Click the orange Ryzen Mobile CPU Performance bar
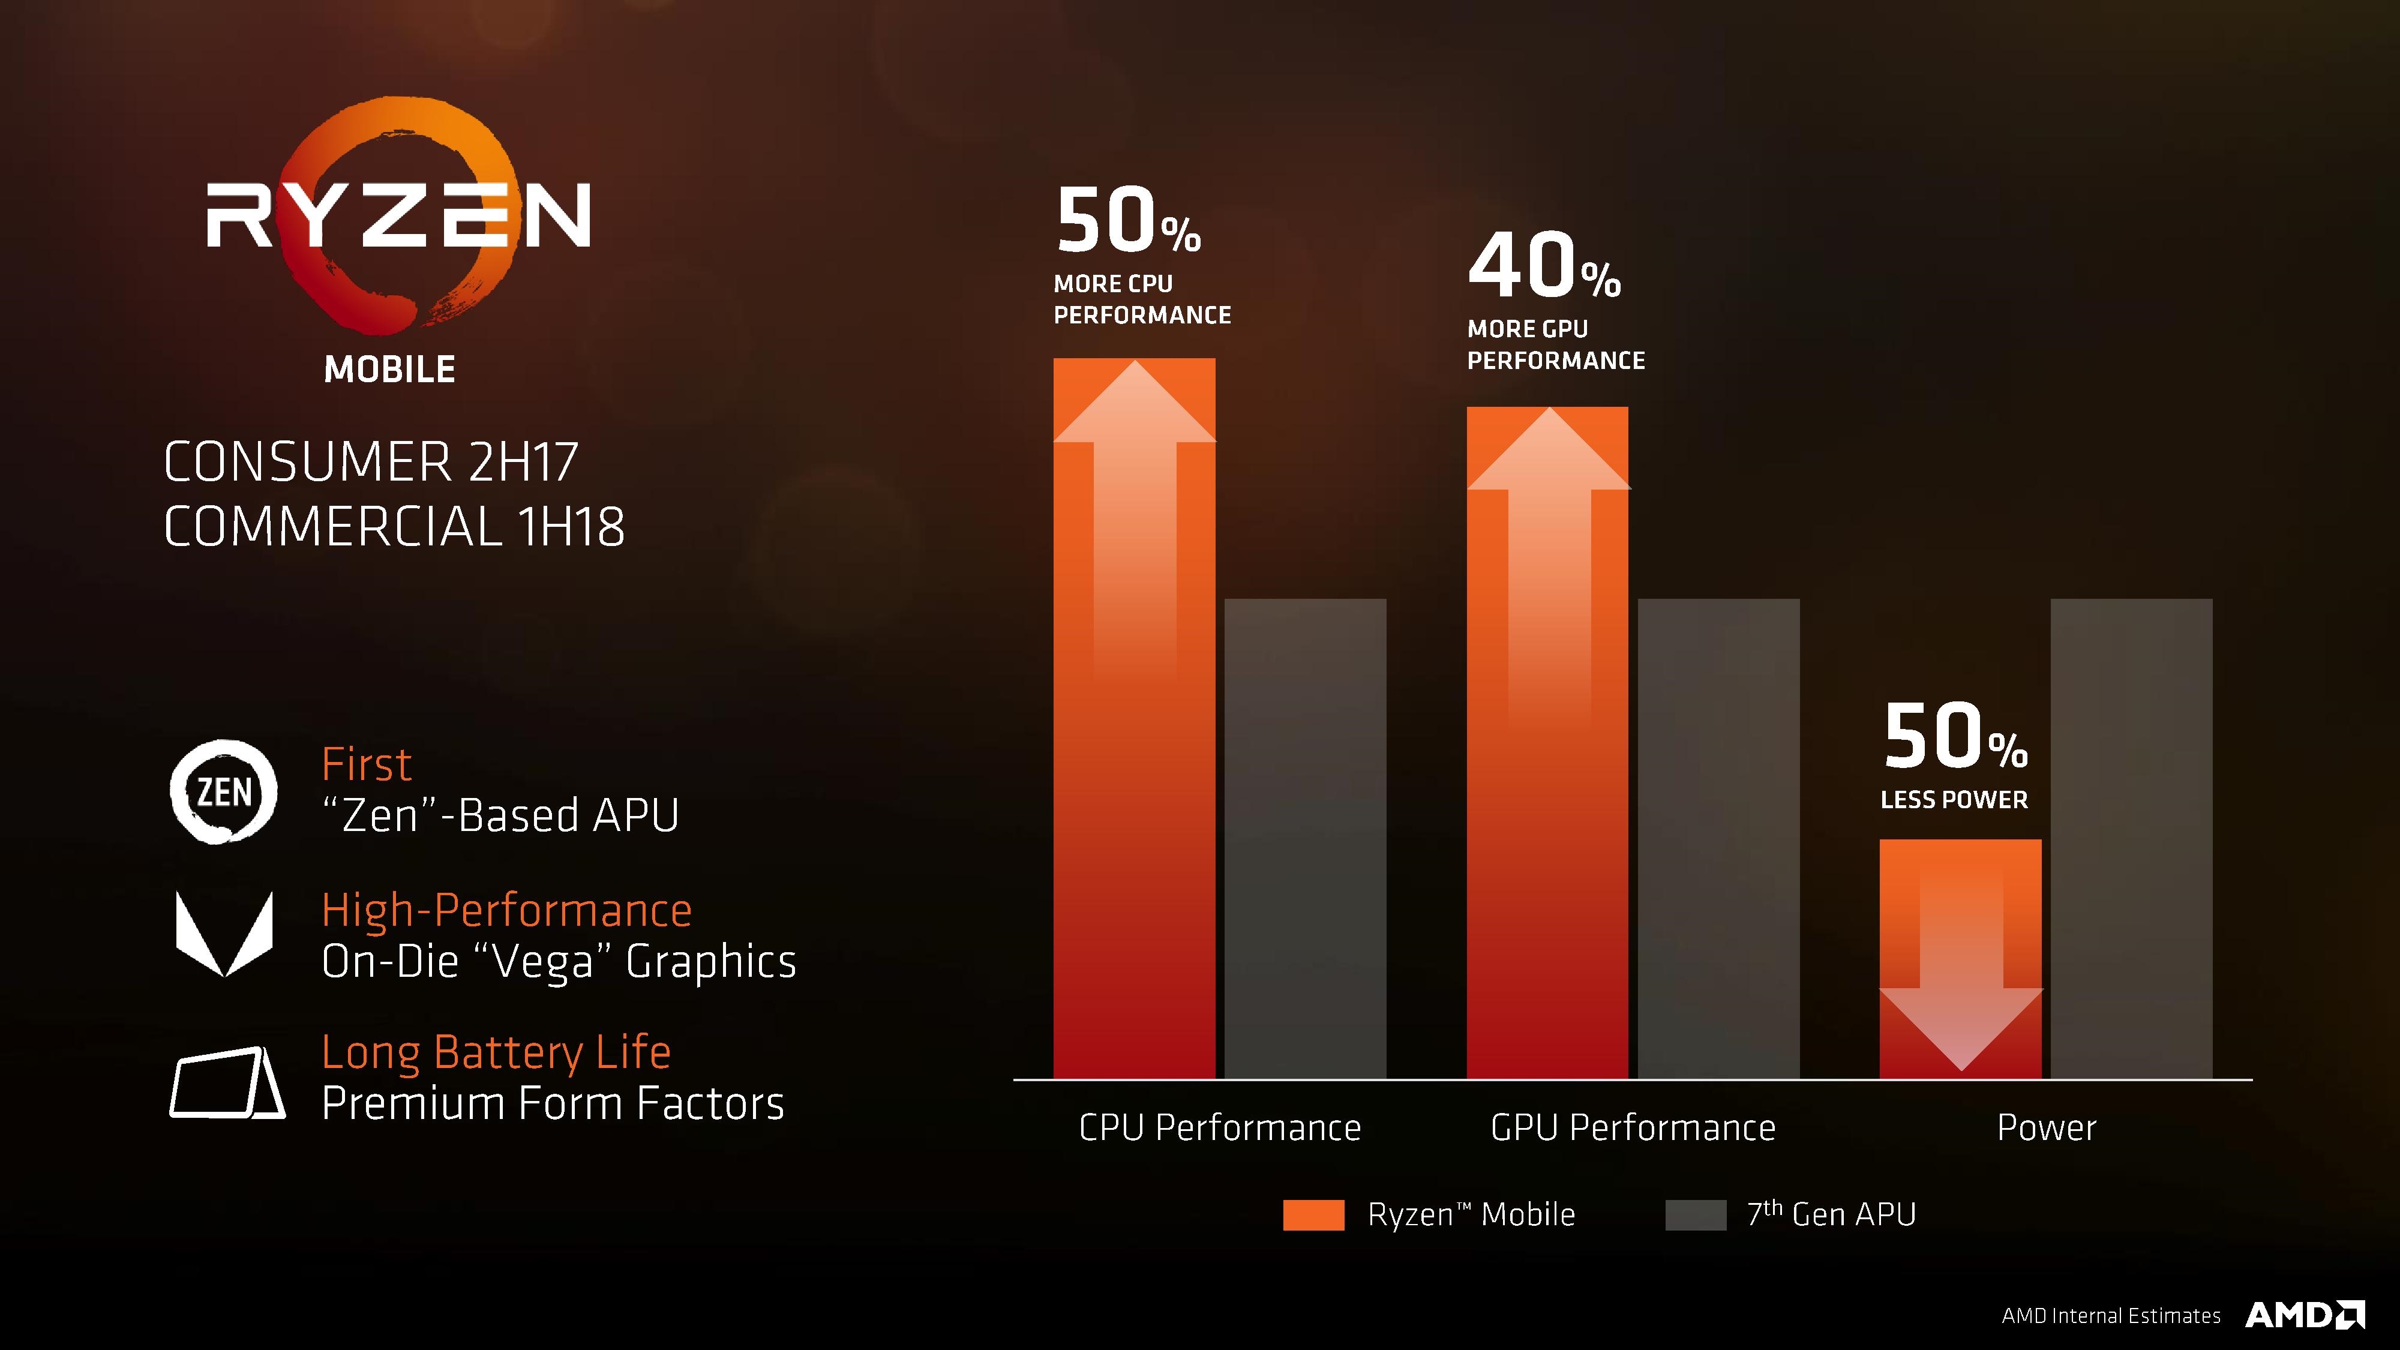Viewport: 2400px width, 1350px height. tap(1134, 745)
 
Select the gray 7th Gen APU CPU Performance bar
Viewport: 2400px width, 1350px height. tap(1304, 839)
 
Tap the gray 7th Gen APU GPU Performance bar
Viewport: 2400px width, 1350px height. tap(1718, 839)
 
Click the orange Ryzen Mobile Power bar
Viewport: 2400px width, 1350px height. tap(1960, 959)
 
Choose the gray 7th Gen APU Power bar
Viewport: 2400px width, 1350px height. tap(2131, 839)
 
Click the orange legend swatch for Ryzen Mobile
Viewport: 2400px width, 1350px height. tap(1313, 1215)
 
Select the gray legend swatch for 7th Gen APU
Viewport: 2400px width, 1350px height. tap(1695, 1215)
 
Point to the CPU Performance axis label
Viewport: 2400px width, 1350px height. tap(1220, 1128)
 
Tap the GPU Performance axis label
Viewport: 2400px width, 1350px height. tap(1632, 1128)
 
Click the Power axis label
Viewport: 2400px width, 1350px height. tap(2046, 1128)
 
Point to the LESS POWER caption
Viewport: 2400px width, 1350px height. tap(1954, 799)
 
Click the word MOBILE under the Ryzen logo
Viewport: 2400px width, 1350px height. tap(389, 370)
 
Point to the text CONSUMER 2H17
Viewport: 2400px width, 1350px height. tap(371, 462)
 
